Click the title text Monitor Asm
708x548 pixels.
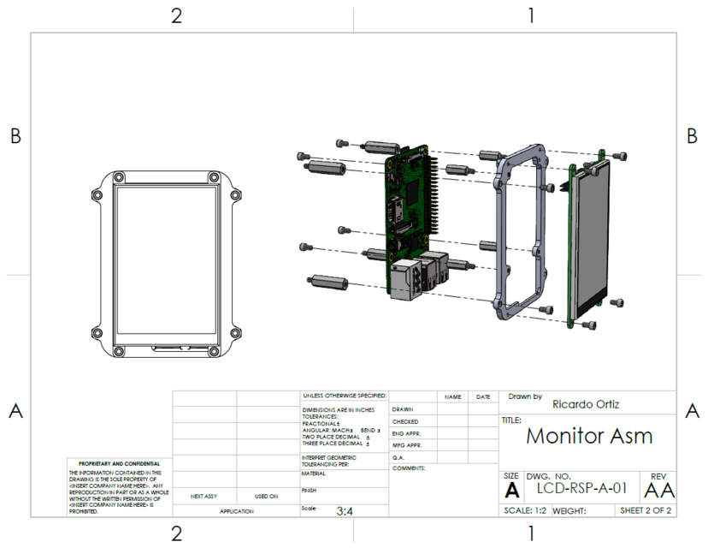pos(588,436)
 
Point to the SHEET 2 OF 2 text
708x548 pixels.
pos(646,510)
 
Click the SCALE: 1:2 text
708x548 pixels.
pos(527,510)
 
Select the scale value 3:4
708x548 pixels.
pos(345,511)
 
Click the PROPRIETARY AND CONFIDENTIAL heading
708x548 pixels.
pos(119,463)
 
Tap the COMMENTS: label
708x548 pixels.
pos(410,468)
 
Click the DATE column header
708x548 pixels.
pos(483,397)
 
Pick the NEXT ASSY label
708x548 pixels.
pos(203,496)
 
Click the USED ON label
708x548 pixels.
pos(267,496)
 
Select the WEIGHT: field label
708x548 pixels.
pos(569,510)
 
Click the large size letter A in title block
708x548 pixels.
pos(511,491)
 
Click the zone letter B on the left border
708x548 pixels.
pos(15,137)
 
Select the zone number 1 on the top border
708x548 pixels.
pos(531,15)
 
